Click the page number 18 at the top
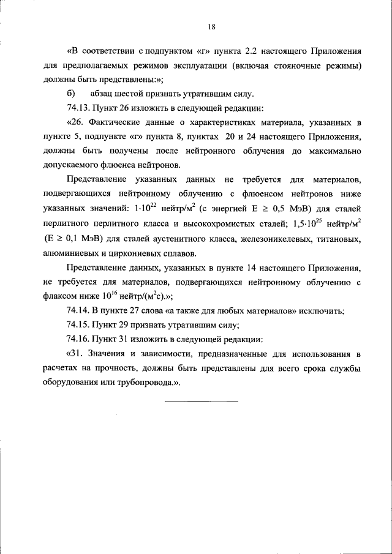pyautogui.click(x=211, y=26)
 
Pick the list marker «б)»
pyautogui.click(x=70, y=93)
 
